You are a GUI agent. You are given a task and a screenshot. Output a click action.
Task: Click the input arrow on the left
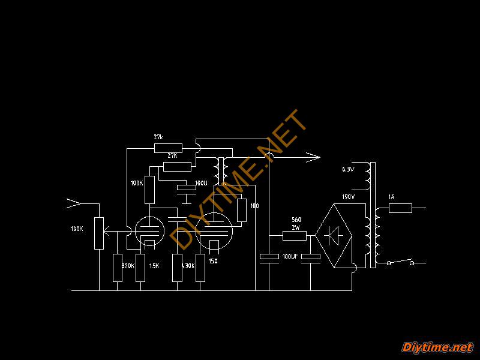[73, 204]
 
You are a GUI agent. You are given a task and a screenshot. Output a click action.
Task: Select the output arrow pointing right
[312, 158]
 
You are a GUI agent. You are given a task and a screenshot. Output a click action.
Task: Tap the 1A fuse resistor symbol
[400, 208]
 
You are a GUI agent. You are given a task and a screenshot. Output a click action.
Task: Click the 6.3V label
[348, 170]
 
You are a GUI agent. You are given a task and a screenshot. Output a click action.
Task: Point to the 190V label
[348, 197]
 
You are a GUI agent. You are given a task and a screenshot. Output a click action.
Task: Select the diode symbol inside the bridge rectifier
[332, 235]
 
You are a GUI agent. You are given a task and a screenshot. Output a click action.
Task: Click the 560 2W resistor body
[295, 235]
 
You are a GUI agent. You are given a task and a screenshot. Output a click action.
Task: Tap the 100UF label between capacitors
[290, 257]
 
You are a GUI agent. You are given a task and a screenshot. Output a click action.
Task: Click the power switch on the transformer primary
[401, 262]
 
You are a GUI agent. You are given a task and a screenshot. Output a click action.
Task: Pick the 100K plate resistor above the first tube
[149, 189]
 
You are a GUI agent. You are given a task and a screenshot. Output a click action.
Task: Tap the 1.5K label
[154, 266]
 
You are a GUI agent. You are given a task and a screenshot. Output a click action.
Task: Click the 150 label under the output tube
[213, 261]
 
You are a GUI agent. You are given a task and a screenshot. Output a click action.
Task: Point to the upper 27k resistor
[168, 148]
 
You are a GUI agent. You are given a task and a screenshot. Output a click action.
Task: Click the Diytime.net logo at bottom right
[437, 347]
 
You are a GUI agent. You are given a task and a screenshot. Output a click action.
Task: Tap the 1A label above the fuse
[391, 197]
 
